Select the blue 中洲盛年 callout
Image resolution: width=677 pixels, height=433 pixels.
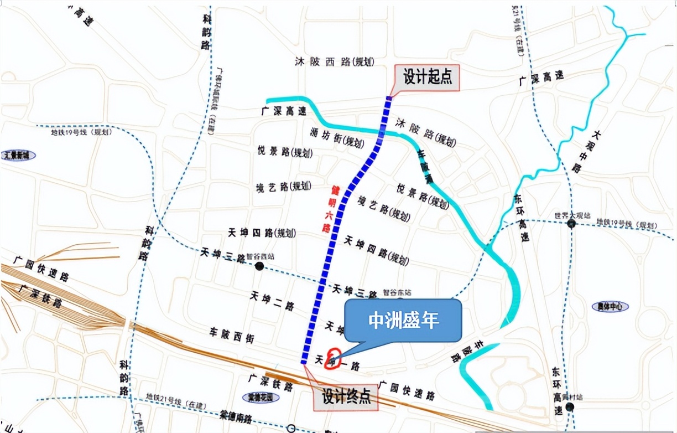[x=403, y=321]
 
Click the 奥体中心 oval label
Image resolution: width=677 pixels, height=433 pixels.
[x=610, y=306]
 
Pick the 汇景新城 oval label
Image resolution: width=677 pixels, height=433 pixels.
[x=18, y=156]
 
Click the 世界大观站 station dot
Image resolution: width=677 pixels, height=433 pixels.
[x=571, y=224]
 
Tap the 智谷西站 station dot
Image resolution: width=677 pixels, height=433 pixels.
[x=259, y=266]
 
